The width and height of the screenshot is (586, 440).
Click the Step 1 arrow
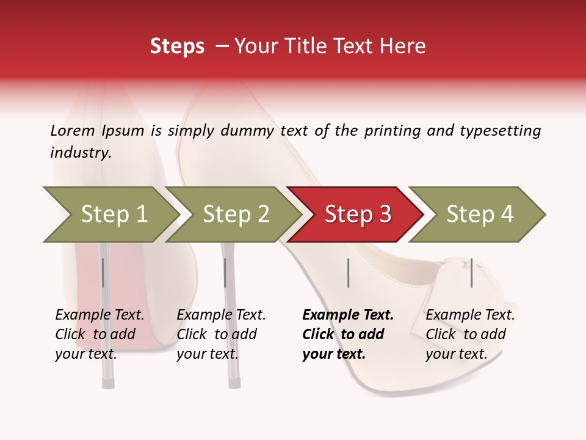[x=113, y=215]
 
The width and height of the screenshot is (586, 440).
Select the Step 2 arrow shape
[x=236, y=215]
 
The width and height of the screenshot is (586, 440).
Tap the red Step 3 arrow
[x=357, y=215]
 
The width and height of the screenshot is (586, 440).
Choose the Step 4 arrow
[x=479, y=215]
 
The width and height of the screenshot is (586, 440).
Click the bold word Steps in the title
[x=177, y=46]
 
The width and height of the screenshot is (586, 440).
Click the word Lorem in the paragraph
[x=72, y=130]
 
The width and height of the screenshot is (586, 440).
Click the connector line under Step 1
[x=103, y=273]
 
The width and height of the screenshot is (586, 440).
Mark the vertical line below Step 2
[x=225, y=273]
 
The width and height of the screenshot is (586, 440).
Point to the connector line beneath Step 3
[x=348, y=273]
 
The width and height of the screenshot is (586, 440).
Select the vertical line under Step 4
[x=471, y=273]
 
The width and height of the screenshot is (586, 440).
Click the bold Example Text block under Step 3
[x=347, y=334]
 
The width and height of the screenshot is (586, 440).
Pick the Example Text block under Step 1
[x=99, y=334]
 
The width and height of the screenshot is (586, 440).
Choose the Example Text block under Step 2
[x=221, y=334]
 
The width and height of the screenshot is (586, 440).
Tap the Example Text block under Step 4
[x=470, y=334]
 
